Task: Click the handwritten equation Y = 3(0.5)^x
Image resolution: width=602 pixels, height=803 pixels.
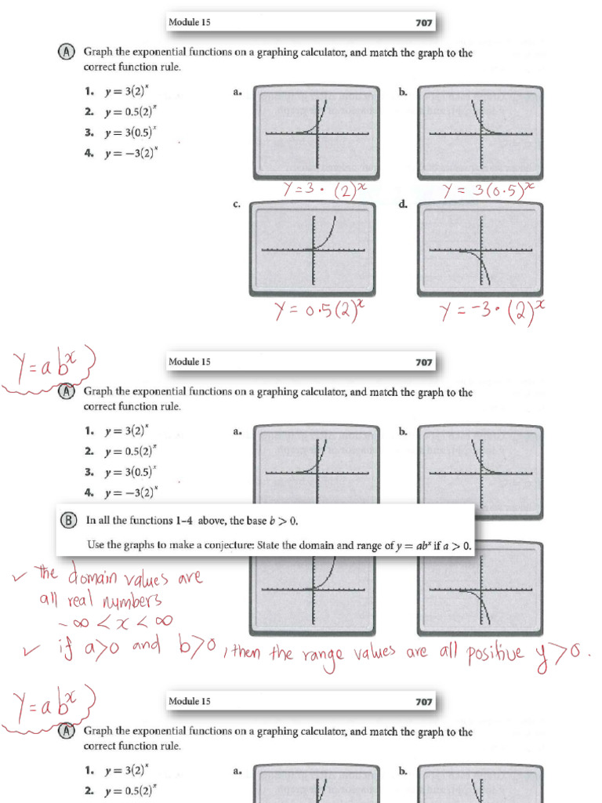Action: click(488, 189)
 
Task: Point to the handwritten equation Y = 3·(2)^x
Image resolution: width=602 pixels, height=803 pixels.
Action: click(321, 190)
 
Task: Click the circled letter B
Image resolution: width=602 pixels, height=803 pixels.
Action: click(68, 520)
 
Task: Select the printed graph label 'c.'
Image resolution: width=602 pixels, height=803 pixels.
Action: click(237, 205)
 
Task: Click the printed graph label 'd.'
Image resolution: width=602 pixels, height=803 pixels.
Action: click(403, 205)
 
